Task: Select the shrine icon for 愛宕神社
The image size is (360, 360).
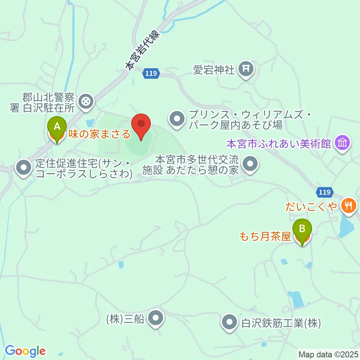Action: point(246,69)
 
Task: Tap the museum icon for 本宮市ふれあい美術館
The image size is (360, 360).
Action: point(342,143)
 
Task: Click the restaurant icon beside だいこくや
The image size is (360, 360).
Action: point(349,205)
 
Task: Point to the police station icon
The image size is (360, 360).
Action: point(86,101)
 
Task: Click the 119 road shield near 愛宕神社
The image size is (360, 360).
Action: point(151,74)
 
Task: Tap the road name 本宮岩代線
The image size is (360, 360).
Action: point(142,51)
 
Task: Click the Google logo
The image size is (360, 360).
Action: point(25,351)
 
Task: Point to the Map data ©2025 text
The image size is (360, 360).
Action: point(328,354)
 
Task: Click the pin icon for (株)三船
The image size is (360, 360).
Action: point(155,319)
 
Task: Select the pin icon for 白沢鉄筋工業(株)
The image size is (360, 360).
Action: point(229,322)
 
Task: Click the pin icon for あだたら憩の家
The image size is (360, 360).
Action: point(249,164)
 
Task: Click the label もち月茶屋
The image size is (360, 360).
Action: point(265,237)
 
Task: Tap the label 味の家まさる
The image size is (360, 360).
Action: point(99,133)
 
